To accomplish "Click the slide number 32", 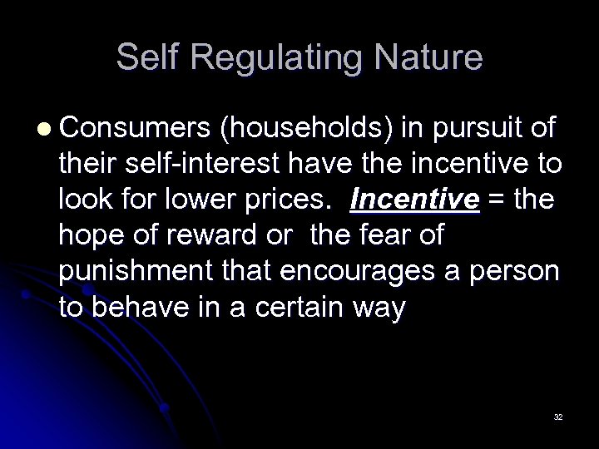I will coord(557,416).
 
